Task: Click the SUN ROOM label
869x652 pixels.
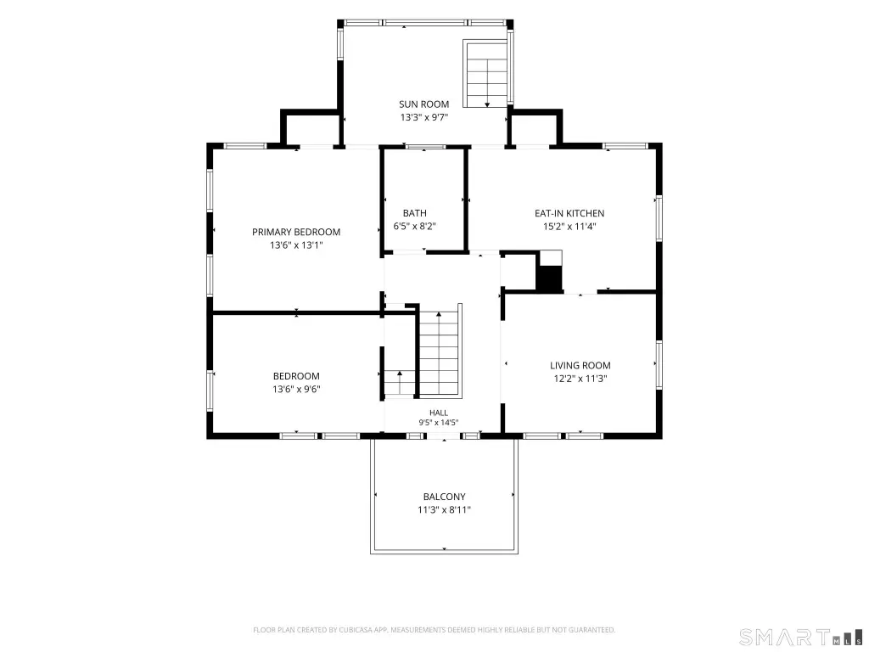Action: [424, 104]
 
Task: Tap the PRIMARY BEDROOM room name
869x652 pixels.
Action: [296, 232]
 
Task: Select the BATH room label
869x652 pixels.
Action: [414, 213]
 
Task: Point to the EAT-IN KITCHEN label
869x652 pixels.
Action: [569, 213]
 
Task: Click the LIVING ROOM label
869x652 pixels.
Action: [580, 365]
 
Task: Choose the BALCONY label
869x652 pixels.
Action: [444, 497]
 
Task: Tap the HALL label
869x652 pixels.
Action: [439, 413]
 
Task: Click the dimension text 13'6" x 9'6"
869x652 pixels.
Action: [296, 389]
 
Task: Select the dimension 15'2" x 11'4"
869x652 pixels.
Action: [569, 226]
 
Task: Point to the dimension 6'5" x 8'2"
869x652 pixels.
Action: [414, 226]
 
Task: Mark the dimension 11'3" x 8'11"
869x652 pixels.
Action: [444, 510]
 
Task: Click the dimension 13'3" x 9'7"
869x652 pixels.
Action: [424, 117]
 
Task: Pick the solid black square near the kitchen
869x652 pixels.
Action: [549, 278]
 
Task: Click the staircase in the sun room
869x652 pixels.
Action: [486, 74]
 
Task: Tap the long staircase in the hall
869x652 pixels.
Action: [439, 351]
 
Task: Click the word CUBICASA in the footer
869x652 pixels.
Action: [360, 630]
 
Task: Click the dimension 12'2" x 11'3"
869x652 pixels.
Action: [580, 379]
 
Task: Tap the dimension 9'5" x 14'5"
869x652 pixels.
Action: [439, 423]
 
